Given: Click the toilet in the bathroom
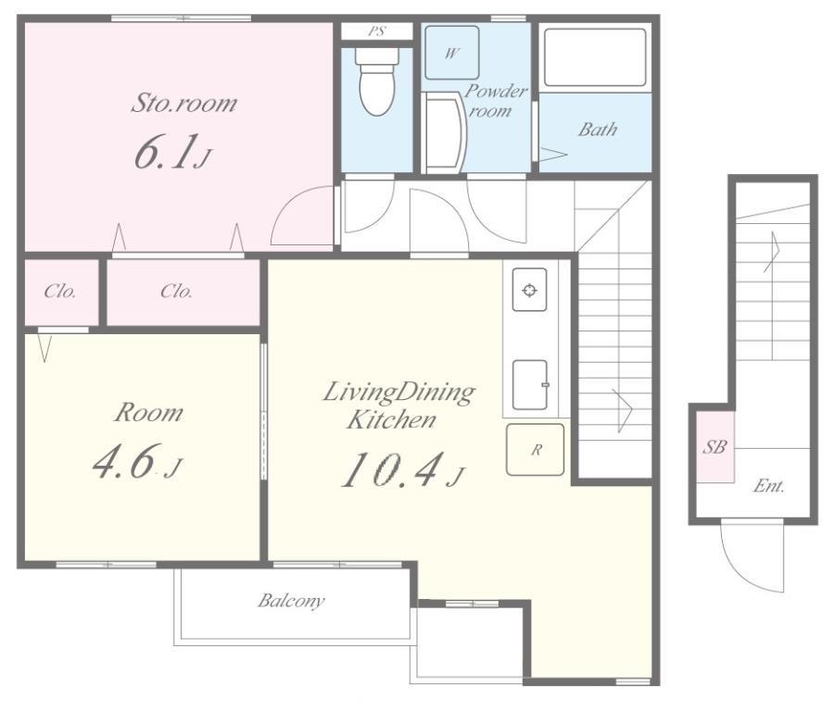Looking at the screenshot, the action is tap(377, 81).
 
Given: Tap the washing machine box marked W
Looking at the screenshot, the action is tap(451, 53).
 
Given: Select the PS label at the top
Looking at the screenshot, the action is tap(376, 31).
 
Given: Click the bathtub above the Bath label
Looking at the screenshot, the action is tap(595, 56).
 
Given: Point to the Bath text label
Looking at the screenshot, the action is tap(598, 129).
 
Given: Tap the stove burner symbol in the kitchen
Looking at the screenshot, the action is tap(529, 290).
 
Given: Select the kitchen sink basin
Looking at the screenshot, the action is tap(530, 385).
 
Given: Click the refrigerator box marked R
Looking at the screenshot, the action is tap(535, 450).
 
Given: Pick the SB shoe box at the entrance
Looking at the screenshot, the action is tap(715, 447).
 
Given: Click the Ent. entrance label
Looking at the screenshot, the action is tap(769, 486).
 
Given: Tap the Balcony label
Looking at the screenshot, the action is tap(291, 601).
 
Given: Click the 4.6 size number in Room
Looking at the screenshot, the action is tap(126, 462).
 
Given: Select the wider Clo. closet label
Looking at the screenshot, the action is tap(177, 292).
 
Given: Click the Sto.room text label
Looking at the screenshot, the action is tap(184, 103).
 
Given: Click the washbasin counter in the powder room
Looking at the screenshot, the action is tap(444, 132).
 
